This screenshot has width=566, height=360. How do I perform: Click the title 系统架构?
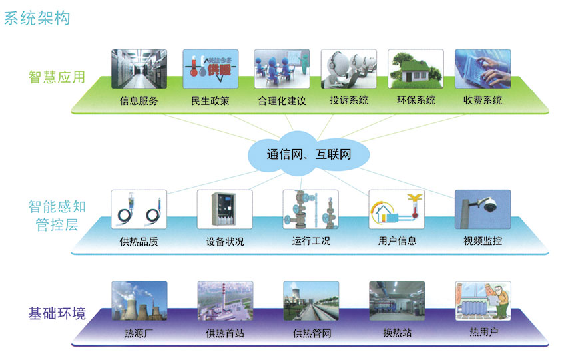[x=37, y=17]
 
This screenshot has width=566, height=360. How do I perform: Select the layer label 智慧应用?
[x=57, y=77]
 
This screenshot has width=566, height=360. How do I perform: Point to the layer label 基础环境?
[x=57, y=313]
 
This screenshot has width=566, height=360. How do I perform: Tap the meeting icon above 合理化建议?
[x=281, y=68]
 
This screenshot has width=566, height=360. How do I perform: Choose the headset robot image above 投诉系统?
[x=348, y=68]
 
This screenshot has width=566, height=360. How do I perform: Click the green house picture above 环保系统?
[x=416, y=68]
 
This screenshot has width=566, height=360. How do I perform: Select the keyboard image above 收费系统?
[x=483, y=68]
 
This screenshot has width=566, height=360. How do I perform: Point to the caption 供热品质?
[x=139, y=242]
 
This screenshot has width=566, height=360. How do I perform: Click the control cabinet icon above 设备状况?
[x=225, y=210]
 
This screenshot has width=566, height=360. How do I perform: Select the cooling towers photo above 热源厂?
[x=139, y=301]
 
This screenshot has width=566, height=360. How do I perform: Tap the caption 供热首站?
[x=225, y=333]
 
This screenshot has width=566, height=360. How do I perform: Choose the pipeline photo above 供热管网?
[x=311, y=301]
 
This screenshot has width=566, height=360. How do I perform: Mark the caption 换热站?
[x=397, y=333]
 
